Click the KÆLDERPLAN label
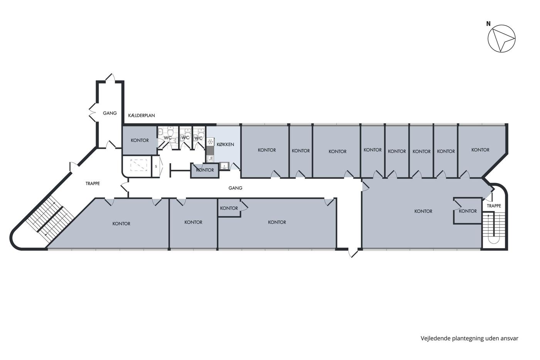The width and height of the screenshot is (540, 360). tap(142, 115)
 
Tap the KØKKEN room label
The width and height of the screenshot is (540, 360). tap(225, 144)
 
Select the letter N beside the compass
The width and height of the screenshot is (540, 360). tap(488, 24)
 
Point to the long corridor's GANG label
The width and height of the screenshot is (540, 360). tap(235, 188)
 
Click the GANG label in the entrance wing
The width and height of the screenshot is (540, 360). tap(110, 113)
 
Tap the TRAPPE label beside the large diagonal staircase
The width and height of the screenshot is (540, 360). tap(93, 184)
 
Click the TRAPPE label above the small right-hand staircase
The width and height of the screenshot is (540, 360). tap(494, 206)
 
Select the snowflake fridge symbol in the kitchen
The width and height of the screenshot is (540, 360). tap(211, 141)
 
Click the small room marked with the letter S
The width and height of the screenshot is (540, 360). tap(156, 167)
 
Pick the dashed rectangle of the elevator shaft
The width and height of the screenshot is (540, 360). tap(138, 165)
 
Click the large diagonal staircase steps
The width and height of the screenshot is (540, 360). tap(50, 219)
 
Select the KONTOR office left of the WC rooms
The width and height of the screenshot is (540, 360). tap(140, 140)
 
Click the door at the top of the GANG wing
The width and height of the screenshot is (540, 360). tap(110, 78)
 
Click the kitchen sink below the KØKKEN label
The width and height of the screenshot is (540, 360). tap(224, 166)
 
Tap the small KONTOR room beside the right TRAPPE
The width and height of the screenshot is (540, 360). tap(467, 211)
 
